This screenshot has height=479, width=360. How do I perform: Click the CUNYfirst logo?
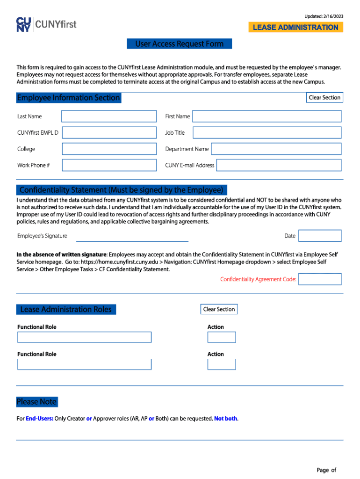click(x=46, y=24)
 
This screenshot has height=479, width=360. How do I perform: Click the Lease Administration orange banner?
click(x=295, y=27)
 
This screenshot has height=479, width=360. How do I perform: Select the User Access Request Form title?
click(x=180, y=44)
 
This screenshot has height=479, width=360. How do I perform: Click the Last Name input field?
click(x=109, y=116)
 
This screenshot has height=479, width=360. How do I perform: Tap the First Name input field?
click(x=267, y=116)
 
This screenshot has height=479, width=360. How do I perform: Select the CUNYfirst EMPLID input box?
click(x=109, y=132)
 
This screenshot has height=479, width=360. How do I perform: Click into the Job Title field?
click(x=267, y=132)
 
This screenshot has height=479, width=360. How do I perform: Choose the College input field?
click(x=109, y=149)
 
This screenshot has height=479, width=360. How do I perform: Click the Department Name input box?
click(x=276, y=149)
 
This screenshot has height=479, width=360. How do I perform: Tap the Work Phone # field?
click(x=109, y=165)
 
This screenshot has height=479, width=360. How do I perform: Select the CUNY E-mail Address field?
click(x=279, y=165)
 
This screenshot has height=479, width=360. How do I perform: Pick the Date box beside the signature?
click(x=320, y=236)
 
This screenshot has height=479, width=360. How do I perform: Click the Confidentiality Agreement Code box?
click(x=320, y=279)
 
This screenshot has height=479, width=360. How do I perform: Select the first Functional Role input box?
click(x=84, y=337)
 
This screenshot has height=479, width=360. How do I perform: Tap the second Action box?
click(x=222, y=364)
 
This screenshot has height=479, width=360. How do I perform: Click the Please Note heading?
click(x=36, y=402)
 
